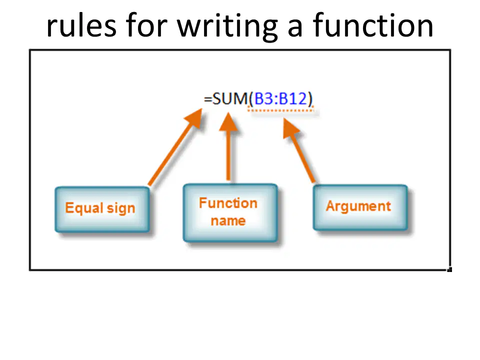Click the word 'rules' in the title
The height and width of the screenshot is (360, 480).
point(81,26)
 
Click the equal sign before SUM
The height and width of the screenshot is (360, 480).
point(208,99)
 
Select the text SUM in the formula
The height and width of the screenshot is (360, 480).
point(230,98)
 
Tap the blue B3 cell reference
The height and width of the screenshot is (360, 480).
point(264,98)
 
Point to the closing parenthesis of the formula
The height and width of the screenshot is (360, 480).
point(310,99)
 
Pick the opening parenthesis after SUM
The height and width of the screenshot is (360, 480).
point(251,99)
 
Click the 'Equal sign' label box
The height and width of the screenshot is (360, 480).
point(102,209)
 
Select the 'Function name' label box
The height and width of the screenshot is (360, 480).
point(230,213)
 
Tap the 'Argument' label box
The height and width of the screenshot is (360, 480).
point(360,207)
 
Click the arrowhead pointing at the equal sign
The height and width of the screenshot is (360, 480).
point(194,118)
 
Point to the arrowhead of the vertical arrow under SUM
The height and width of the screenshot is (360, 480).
point(228,122)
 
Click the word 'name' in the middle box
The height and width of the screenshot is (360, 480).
point(228,220)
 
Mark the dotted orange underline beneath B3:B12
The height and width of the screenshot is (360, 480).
point(280,110)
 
